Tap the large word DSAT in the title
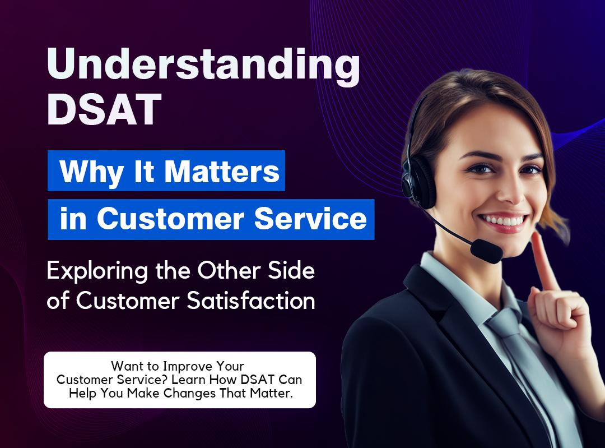104,110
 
